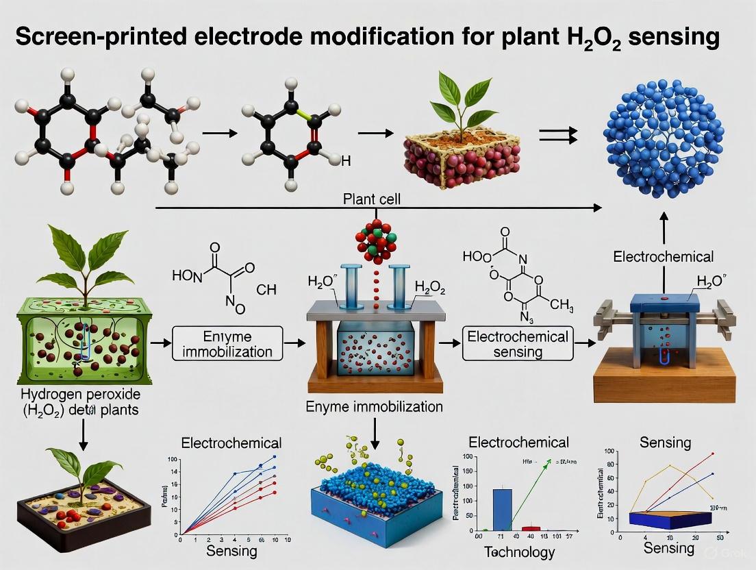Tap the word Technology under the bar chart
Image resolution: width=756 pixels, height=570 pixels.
point(519,552)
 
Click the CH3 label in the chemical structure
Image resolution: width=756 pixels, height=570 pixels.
point(561,304)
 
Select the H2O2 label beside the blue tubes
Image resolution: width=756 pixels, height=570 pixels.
point(430,290)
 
